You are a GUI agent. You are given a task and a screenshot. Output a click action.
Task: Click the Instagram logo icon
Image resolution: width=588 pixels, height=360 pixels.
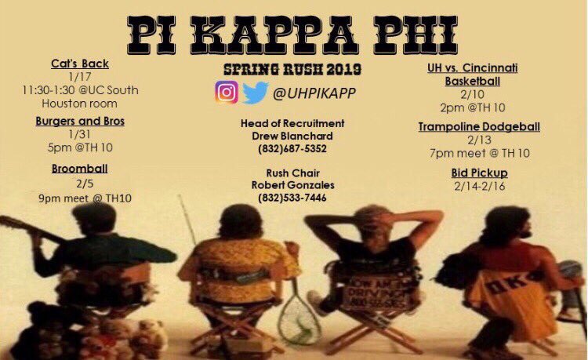[226, 93]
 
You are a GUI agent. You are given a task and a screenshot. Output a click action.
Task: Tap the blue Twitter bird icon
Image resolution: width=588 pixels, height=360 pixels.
[255, 93]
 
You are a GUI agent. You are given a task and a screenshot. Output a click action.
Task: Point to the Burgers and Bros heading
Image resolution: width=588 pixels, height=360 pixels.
[80, 121]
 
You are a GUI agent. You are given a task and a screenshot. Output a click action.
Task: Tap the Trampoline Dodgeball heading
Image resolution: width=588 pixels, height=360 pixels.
[479, 126]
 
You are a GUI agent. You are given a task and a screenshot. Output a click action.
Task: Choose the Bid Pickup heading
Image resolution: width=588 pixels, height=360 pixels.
[479, 173]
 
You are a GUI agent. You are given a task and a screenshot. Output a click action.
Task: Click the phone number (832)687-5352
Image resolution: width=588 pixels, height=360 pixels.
[292, 148]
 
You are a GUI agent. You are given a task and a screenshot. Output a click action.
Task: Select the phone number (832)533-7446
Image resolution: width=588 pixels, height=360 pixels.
[292, 198]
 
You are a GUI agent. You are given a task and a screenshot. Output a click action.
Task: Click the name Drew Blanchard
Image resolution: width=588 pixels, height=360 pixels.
[292, 136]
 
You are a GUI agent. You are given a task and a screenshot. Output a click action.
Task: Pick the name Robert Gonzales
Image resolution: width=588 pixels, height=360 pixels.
[292, 185]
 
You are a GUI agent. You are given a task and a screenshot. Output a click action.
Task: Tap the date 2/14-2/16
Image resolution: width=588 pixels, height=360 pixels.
[479, 186]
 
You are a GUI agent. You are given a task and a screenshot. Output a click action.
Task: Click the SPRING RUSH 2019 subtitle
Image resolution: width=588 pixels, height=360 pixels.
[292, 70]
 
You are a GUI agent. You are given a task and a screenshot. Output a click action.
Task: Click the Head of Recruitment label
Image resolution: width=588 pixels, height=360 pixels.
[292, 123]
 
